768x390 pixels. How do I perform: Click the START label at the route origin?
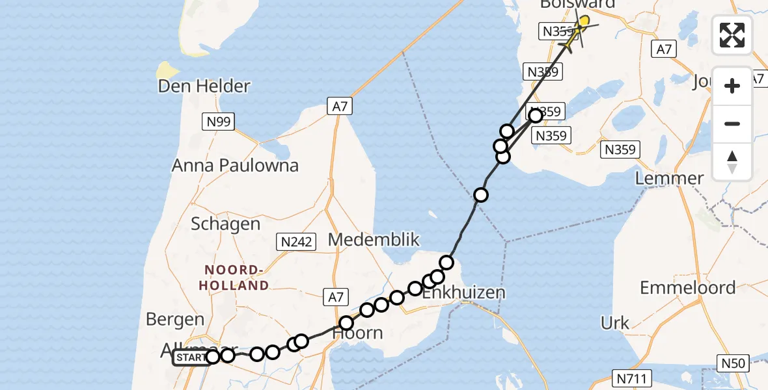coord(190,357)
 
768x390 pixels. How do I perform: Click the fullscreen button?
coord(732,35)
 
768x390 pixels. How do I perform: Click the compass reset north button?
coord(732,162)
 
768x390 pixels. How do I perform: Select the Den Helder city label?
coord(204,86)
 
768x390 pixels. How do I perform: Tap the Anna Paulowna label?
coord(235,165)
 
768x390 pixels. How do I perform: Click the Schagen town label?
coord(225,224)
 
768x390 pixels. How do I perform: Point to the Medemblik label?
coord(374,239)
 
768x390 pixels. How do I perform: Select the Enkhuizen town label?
coord(463,292)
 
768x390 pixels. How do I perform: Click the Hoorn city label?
coord(357,333)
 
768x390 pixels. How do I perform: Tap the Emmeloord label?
coord(687,287)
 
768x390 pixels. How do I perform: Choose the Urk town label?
coord(614,322)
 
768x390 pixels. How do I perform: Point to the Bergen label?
coord(175,320)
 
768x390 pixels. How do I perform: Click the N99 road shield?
coord(219,121)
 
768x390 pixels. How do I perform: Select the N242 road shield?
coord(296,242)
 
